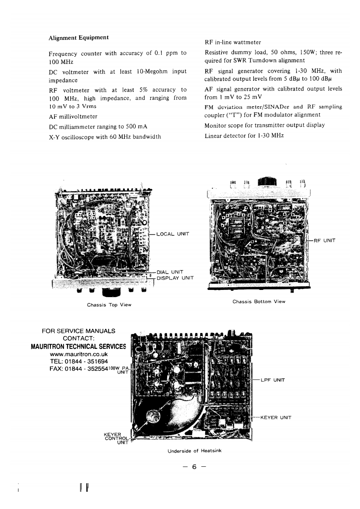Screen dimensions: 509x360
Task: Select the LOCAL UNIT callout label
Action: (x=172, y=234)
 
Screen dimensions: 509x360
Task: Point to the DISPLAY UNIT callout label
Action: (x=175, y=278)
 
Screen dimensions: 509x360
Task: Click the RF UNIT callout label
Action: (x=324, y=240)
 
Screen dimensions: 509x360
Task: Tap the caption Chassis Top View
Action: (x=109, y=304)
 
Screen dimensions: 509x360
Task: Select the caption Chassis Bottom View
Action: (x=259, y=301)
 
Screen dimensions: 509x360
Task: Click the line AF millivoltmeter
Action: (x=73, y=117)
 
